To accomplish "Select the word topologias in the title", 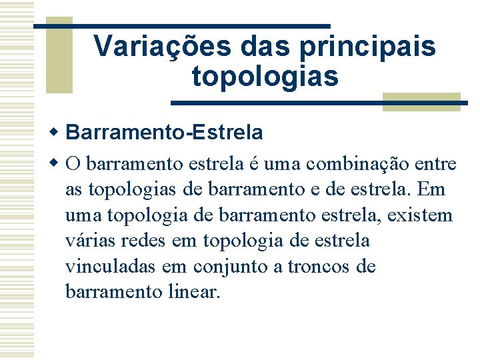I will [265, 76].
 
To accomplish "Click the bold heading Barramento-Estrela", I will [165, 133].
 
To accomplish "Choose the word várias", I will [87, 241].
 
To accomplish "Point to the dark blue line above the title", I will [181, 26].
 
